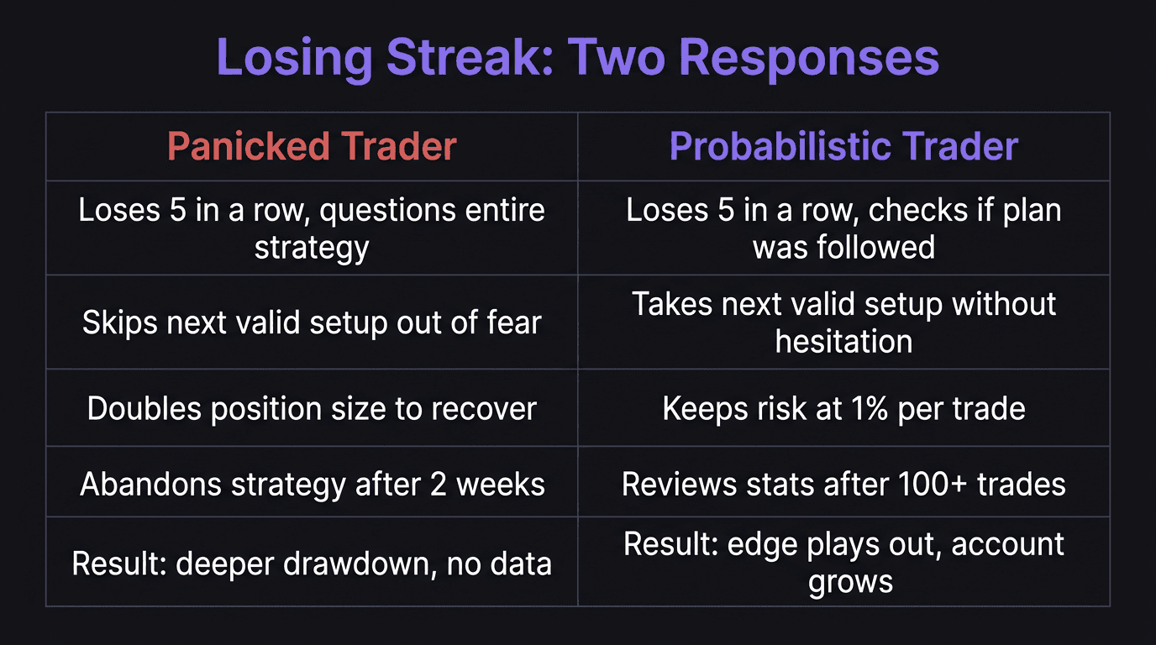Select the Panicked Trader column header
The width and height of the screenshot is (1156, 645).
coord(312,147)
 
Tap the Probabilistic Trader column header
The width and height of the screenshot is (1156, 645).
coord(843,147)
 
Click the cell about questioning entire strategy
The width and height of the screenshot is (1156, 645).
coord(312,228)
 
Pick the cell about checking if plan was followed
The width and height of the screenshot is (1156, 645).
coord(843,228)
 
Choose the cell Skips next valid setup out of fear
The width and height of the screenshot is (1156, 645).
coord(312,322)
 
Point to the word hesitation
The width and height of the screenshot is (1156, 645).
coord(843,342)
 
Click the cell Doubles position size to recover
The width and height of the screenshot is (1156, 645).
coord(312,409)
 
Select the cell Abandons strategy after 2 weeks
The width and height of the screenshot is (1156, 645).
coord(312,485)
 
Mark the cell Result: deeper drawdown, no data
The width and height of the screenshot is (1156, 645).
coord(312,563)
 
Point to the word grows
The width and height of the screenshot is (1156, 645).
coord(850,582)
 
